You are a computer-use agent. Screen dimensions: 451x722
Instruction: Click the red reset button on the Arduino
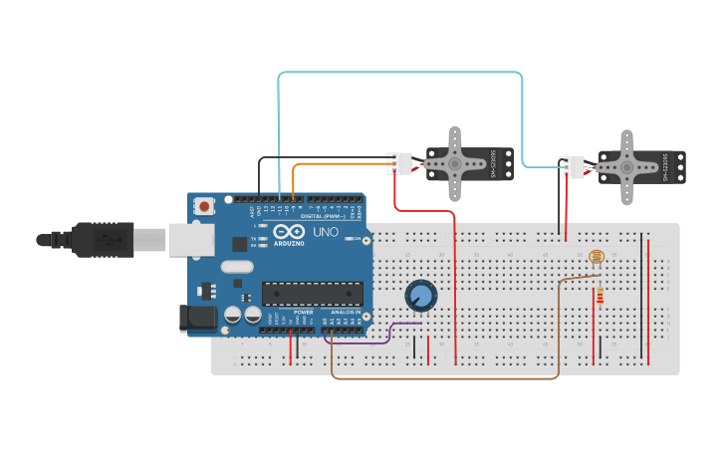point(204,206)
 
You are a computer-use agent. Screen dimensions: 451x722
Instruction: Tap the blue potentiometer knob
point(420,295)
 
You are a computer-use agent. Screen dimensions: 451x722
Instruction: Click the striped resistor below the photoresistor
point(600,296)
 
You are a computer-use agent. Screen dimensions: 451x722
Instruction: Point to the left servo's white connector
point(399,162)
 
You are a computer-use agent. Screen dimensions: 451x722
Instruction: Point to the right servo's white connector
point(572,167)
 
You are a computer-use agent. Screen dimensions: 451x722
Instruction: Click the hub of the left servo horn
point(454,162)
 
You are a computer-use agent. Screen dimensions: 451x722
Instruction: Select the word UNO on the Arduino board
point(326,232)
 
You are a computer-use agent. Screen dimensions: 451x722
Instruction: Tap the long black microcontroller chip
point(312,293)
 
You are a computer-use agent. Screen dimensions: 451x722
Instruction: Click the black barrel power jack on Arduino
point(197,318)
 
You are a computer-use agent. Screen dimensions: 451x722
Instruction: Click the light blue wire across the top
point(398,73)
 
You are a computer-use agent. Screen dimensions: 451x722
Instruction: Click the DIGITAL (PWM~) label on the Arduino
point(324,216)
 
